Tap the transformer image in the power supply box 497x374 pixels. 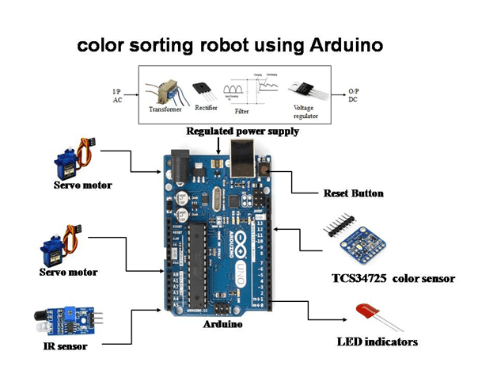(165, 91)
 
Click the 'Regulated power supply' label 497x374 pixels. (242, 131)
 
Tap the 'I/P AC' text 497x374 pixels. (117, 96)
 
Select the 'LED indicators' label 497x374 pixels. (377, 342)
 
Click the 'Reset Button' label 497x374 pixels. (353, 193)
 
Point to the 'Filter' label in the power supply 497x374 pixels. (242, 112)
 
